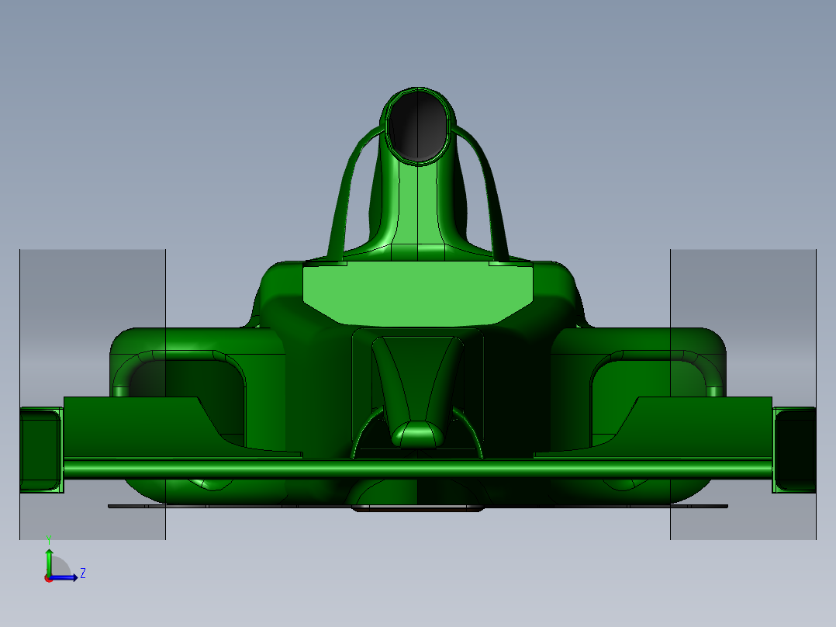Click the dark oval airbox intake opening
[418, 126]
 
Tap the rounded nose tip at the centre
[417, 435]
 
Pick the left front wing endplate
[40, 449]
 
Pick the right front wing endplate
[794, 449]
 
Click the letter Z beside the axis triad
[83, 573]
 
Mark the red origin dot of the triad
[48, 577]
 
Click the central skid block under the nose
[419, 509]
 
